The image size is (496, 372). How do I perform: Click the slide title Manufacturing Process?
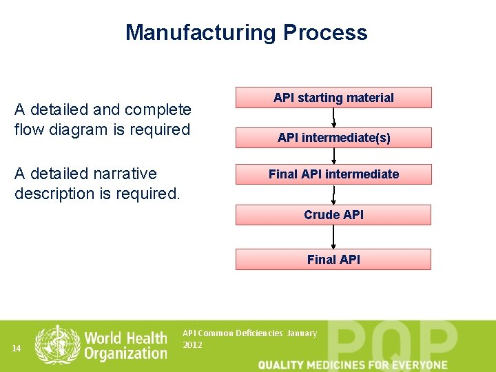[x=247, y=32]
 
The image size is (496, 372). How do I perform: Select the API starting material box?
[x=333, y=98]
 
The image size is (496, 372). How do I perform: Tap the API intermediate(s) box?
[x=333, y=138]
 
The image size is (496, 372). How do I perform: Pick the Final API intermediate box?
[x=333, y=174]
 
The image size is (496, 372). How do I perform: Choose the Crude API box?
[x=333, y=215]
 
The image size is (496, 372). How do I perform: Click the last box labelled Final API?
[x=333, y=260]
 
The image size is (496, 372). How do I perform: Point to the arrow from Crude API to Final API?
[x=333, y=237]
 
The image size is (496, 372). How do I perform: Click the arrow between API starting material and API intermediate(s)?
[x=333, y=117]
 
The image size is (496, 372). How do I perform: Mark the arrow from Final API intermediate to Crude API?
[x=333, y=194]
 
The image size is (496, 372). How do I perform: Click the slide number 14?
[x=17, y=349]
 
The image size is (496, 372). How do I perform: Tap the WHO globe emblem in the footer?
[x=57, y=344]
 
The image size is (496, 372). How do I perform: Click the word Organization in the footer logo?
[x=125, y=353]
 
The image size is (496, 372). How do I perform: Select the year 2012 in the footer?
[x=193, y=344]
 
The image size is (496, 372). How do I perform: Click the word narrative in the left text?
[x=119, y=174]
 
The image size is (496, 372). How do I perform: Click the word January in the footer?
[x=302, y=333]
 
